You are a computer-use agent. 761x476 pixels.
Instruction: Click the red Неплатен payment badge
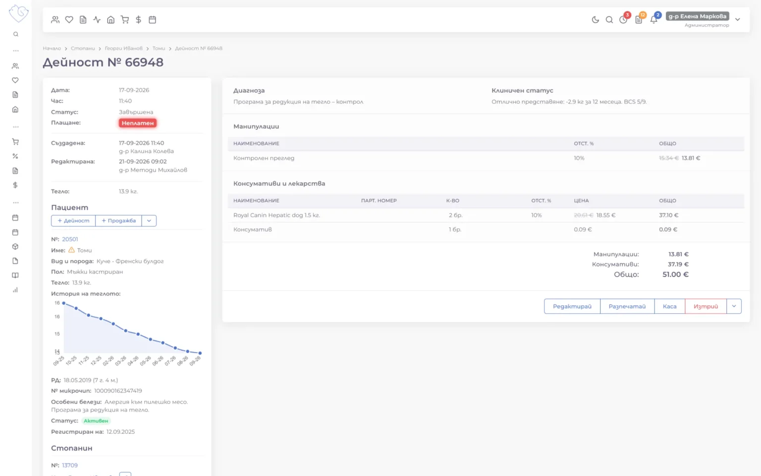point(138,123)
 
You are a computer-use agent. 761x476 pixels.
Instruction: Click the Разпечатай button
point(627,306)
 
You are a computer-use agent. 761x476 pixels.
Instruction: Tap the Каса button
point(669,306)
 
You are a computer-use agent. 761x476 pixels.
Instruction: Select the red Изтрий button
point(706,306)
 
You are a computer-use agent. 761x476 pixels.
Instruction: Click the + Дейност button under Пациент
point(73,221)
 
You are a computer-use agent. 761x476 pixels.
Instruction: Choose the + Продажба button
point(118,221)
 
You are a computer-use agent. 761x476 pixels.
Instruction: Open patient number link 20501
point(70,239)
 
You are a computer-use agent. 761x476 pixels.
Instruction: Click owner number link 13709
point(70,465)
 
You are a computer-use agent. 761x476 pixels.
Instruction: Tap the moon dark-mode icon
point(595,20)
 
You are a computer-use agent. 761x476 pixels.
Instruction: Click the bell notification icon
point(653,20)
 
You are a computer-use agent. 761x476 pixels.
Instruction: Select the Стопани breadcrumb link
point(83,48)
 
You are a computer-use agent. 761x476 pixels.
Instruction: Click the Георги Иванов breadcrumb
point(124,48)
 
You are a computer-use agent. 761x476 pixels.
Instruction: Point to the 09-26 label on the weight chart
point(195,361)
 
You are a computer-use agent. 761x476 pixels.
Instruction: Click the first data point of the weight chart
point(63,303)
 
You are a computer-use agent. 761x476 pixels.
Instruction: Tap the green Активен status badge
point(96,421)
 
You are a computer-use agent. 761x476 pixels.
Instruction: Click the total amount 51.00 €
point(675,274)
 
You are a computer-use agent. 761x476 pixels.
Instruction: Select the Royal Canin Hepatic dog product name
point(276,215)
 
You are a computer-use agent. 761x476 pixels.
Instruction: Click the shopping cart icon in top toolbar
point(125,20)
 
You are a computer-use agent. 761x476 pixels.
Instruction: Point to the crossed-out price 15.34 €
point(668,158)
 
